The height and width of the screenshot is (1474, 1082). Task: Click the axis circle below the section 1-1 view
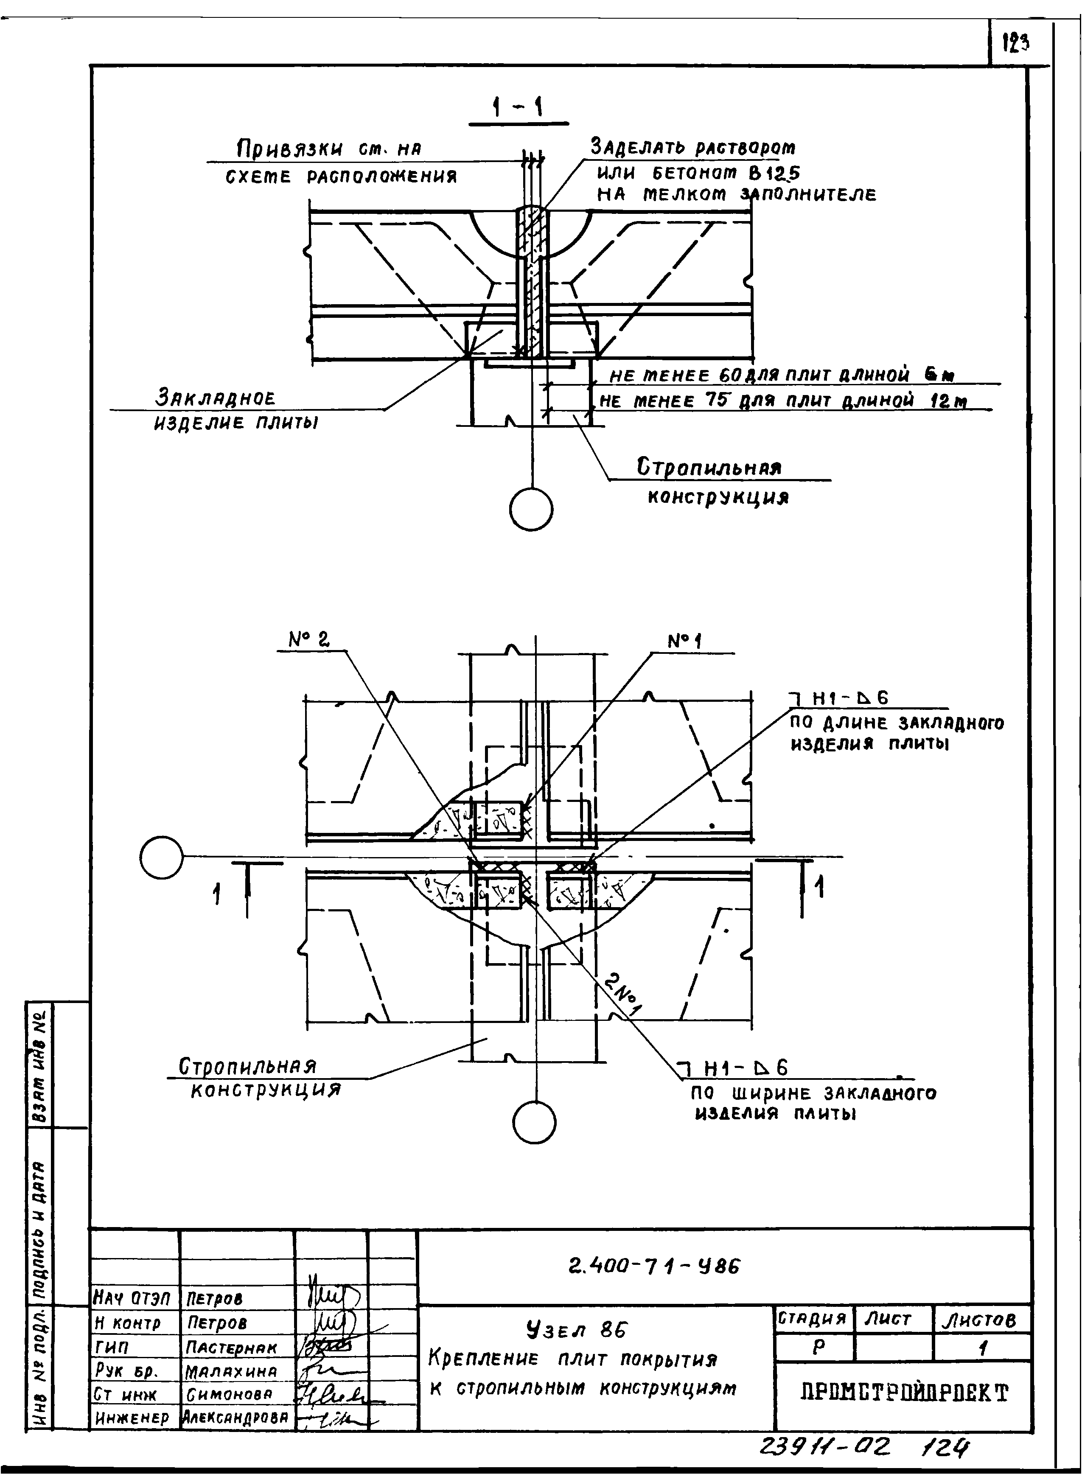531,508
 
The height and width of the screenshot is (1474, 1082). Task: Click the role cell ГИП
112,1348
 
